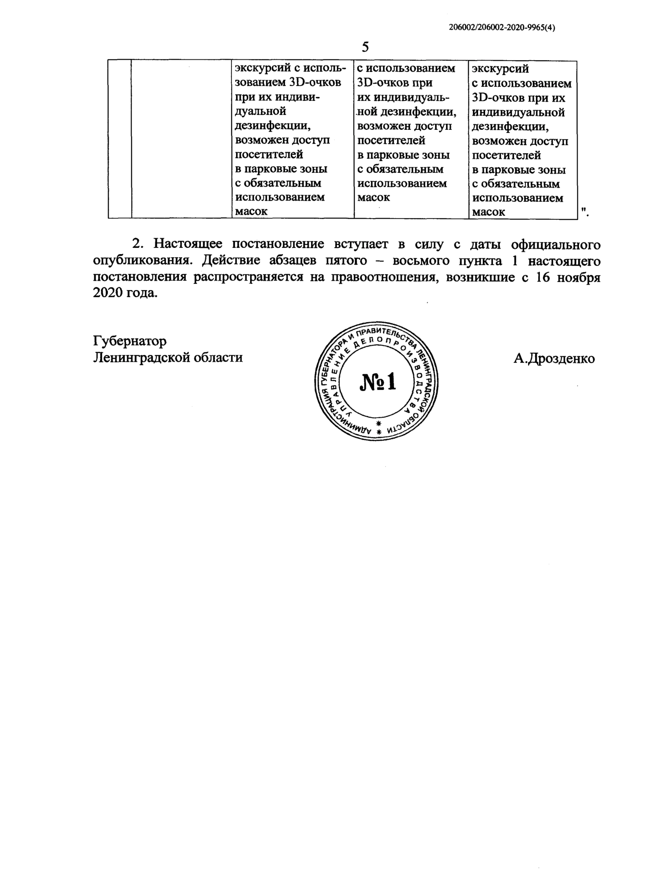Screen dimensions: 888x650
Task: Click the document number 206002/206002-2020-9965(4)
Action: (502, 28)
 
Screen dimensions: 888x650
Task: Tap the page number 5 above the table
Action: (365, 47)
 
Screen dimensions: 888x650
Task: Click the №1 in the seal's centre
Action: (378, 382)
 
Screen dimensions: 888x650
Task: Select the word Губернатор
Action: (130, 341)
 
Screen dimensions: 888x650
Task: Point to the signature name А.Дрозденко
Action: (554, 358)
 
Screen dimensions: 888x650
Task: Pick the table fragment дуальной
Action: (260, 111)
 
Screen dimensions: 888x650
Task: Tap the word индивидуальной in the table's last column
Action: (518, 113)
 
